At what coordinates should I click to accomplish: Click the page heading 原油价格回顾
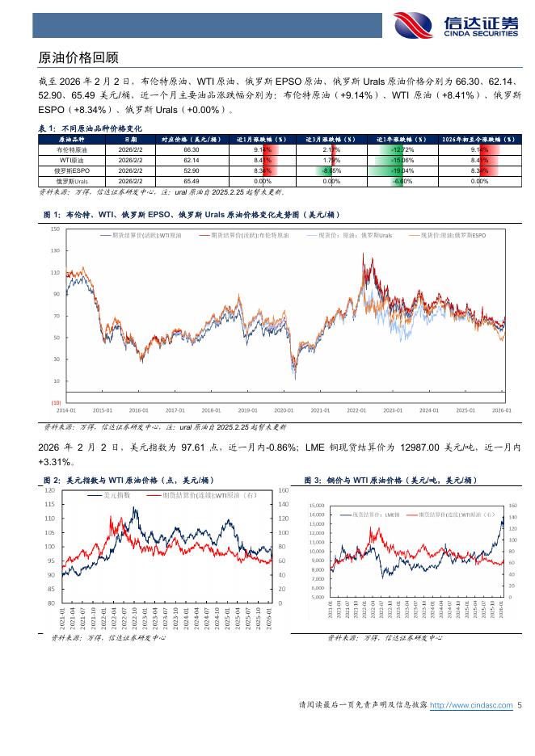pyautogui.click(x=78, y=58)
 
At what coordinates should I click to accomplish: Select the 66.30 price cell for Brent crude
pyautogui.click(x=192, y=150)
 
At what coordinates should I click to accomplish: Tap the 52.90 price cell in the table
pyautogui.click(x=192, y=171)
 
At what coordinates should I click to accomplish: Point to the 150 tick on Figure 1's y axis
pyautogui.click(x=55, y=229)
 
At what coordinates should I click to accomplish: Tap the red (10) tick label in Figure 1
pyautogui.click(x=54, y=402)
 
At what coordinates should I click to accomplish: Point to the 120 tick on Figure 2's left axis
pyautogui.click(x=50, y=490)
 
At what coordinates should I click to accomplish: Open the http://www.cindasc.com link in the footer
pyautogui.click(x=471, y=705)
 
